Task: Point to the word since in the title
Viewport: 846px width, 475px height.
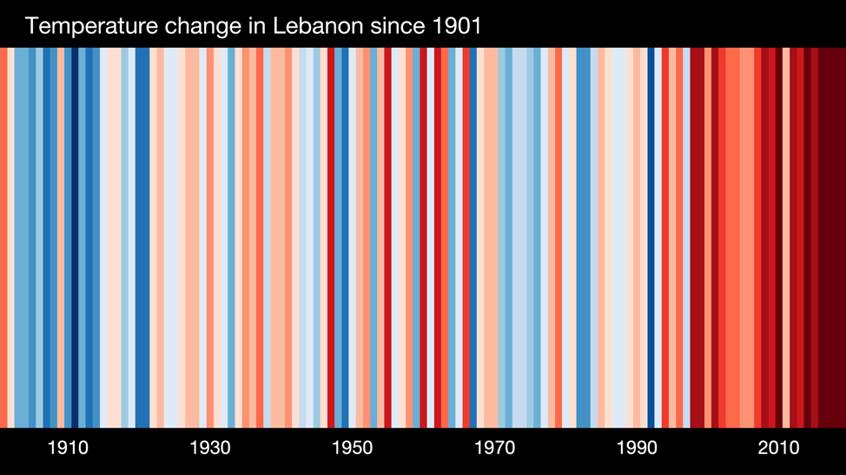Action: click(399, 25)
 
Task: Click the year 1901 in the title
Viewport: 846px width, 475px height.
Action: click(457, 25)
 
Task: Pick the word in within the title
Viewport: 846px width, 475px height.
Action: click(258, 25)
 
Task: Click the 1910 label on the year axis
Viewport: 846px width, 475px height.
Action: click(68, 448)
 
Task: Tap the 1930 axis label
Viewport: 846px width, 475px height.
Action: click(210, 448)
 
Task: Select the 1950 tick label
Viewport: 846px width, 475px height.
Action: click(352, 448)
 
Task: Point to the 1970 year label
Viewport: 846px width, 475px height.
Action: click(494, 448)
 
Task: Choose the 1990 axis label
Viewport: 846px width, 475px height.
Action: click(637, 448)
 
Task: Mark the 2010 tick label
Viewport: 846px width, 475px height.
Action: click(778, 448)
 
